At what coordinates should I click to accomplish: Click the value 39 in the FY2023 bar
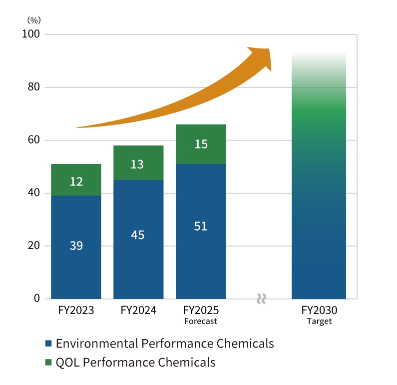[76, 246]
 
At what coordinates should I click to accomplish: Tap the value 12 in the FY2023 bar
[76, 181]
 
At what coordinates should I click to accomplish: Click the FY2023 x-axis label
[76, 310]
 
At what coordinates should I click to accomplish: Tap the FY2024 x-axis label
[138, 310]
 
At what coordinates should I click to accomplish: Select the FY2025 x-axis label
[201, 310]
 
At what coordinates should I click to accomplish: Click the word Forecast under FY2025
[200, 321]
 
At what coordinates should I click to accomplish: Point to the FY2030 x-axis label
[320, 310]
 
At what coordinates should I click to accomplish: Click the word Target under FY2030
[320, 321]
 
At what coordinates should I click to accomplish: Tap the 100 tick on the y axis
[32, 34]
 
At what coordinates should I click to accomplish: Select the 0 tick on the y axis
[36, 299]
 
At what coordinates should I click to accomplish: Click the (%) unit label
[34, 20]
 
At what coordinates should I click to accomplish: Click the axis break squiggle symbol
[261, 299]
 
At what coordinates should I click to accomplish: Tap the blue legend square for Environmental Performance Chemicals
[48, 343]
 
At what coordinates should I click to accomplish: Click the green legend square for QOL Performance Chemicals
[48, 362]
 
